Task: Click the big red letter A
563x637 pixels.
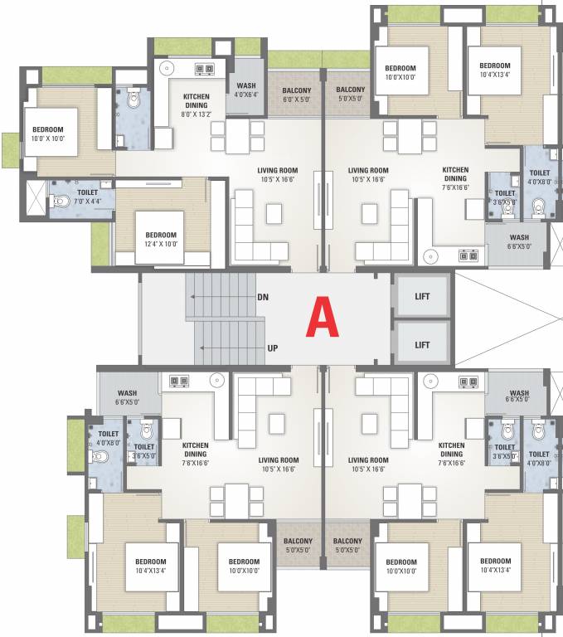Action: pyautogui.click(x=323, y=318)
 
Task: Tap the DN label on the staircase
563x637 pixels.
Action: pyautogui.click(x=263, y=297)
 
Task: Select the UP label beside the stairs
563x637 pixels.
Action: pyautogui.click(x=272, y=348)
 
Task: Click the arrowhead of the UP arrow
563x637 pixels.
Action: pyautogui.click(x=198, y=348)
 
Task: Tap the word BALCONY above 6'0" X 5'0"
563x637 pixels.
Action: pyautogui.click(x=296, y=90)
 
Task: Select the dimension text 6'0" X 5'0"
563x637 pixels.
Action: pyautogui.click(x=296, y=99)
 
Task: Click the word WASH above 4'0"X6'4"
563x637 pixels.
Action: pyautogui.click(x=246, y=85)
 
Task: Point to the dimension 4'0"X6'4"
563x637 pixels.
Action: pyautogui.click(x=246, y=95)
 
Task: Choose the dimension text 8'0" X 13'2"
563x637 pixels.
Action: pyautogui.click(x=197, y=114)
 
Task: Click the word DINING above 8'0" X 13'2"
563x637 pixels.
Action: pyautogui.click(x=197, y=105)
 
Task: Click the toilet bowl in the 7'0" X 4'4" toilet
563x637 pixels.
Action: pyautogui.click(x=58, y=200)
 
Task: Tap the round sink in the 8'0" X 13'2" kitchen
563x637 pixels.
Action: pyautogui.click(x=166, y=68)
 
